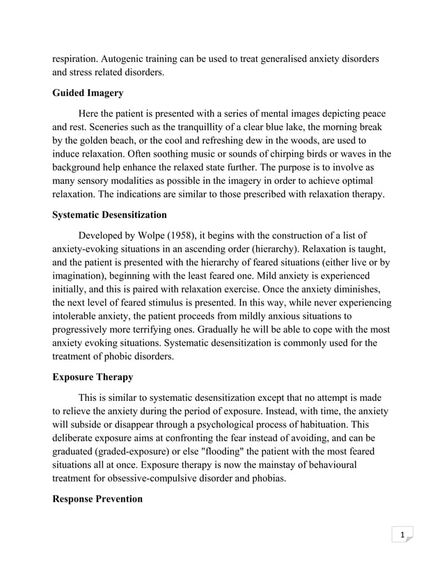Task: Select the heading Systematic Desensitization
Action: tap(109, 215)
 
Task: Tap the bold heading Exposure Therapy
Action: tap(93, 377)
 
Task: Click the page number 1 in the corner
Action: tap(402, 535)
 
